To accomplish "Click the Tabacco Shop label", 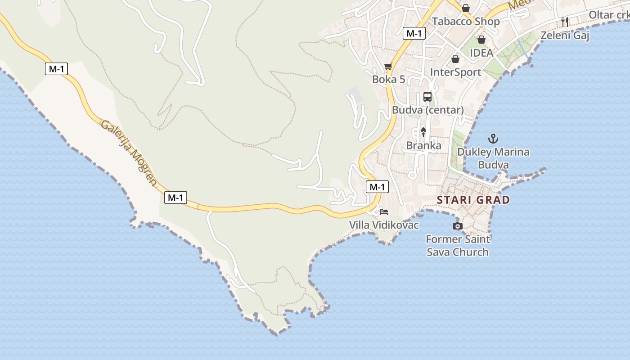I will tap(466, 22).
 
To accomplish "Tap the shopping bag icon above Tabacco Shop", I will tap(466, 8).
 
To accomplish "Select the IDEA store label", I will tap(481, 53).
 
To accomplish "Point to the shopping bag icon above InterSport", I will tap(455, 59).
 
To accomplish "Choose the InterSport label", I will tap(455, 72).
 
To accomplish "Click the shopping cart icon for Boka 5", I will tap(388, 67).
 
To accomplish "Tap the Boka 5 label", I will tap(389, 80).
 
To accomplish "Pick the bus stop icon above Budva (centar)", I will tap(427, 96).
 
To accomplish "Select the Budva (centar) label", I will tap(427, 110).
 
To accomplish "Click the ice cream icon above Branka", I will tap(423, 132).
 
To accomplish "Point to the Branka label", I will tap(423, 146).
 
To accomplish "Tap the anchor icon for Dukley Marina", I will tap(493, 139).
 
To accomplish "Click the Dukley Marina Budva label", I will tap(493, 158).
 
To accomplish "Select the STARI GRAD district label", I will tap(473, 200).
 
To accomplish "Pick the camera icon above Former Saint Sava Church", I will tap(457, 226).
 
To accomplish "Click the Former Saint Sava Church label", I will tap(458, 246).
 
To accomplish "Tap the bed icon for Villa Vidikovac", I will tap(384, 211).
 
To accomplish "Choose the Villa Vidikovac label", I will tap(384, 225).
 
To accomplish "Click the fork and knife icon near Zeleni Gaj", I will tap(565, 22).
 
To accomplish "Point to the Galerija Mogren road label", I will tap(129, 153).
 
